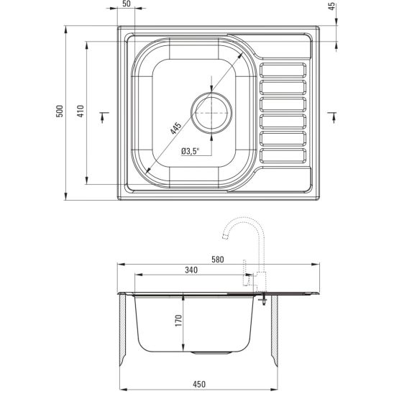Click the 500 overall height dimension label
60,111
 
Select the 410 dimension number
81,111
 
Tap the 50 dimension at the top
127,4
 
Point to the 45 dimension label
332,6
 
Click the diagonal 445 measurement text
175,129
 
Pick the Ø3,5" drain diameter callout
191,151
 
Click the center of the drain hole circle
211,113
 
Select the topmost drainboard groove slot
283,70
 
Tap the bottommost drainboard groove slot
283,155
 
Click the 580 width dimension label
218,260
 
